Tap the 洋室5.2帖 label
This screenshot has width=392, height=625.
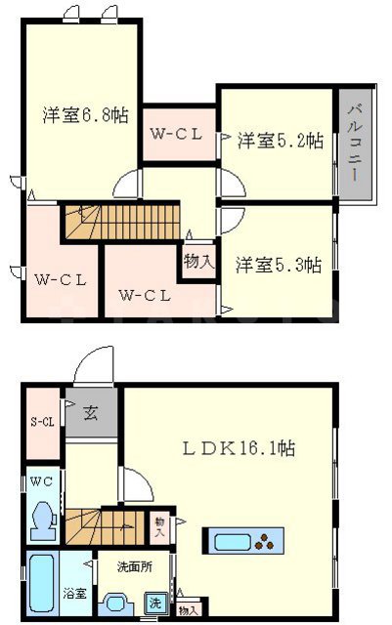click(281, 141)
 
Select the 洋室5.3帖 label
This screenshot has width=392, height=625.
click(280, 264)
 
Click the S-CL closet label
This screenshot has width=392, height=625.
click(42, 422)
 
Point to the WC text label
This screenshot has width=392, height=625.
click(41, 481)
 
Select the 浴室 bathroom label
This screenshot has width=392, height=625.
click(74, 592)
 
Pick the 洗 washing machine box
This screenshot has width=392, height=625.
click(155, 604)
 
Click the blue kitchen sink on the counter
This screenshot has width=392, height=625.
click(233, 541)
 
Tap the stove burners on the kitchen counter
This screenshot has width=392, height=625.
click(266, 542)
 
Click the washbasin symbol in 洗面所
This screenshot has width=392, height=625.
click(116, 604)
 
